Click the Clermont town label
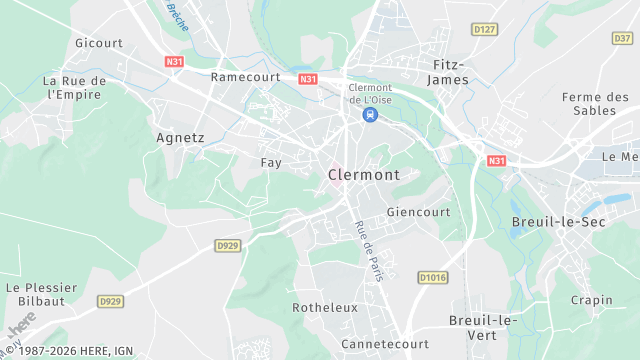[363, 174]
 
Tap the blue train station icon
[370, 115]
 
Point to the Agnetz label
[181, 138]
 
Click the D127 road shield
[485, 29]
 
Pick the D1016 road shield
[432, 277]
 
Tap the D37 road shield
[622, 38]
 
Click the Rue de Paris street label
[369, 250]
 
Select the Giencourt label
[420, 212]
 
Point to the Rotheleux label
[325, 308]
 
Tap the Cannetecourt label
[385, 344]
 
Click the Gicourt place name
[99, 43]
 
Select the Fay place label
[271, 162]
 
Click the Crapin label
[591, 300]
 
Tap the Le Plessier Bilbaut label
[41, 294]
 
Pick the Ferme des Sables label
[595, 103]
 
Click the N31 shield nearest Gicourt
[174, 61]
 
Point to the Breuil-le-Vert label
[481, 327]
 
